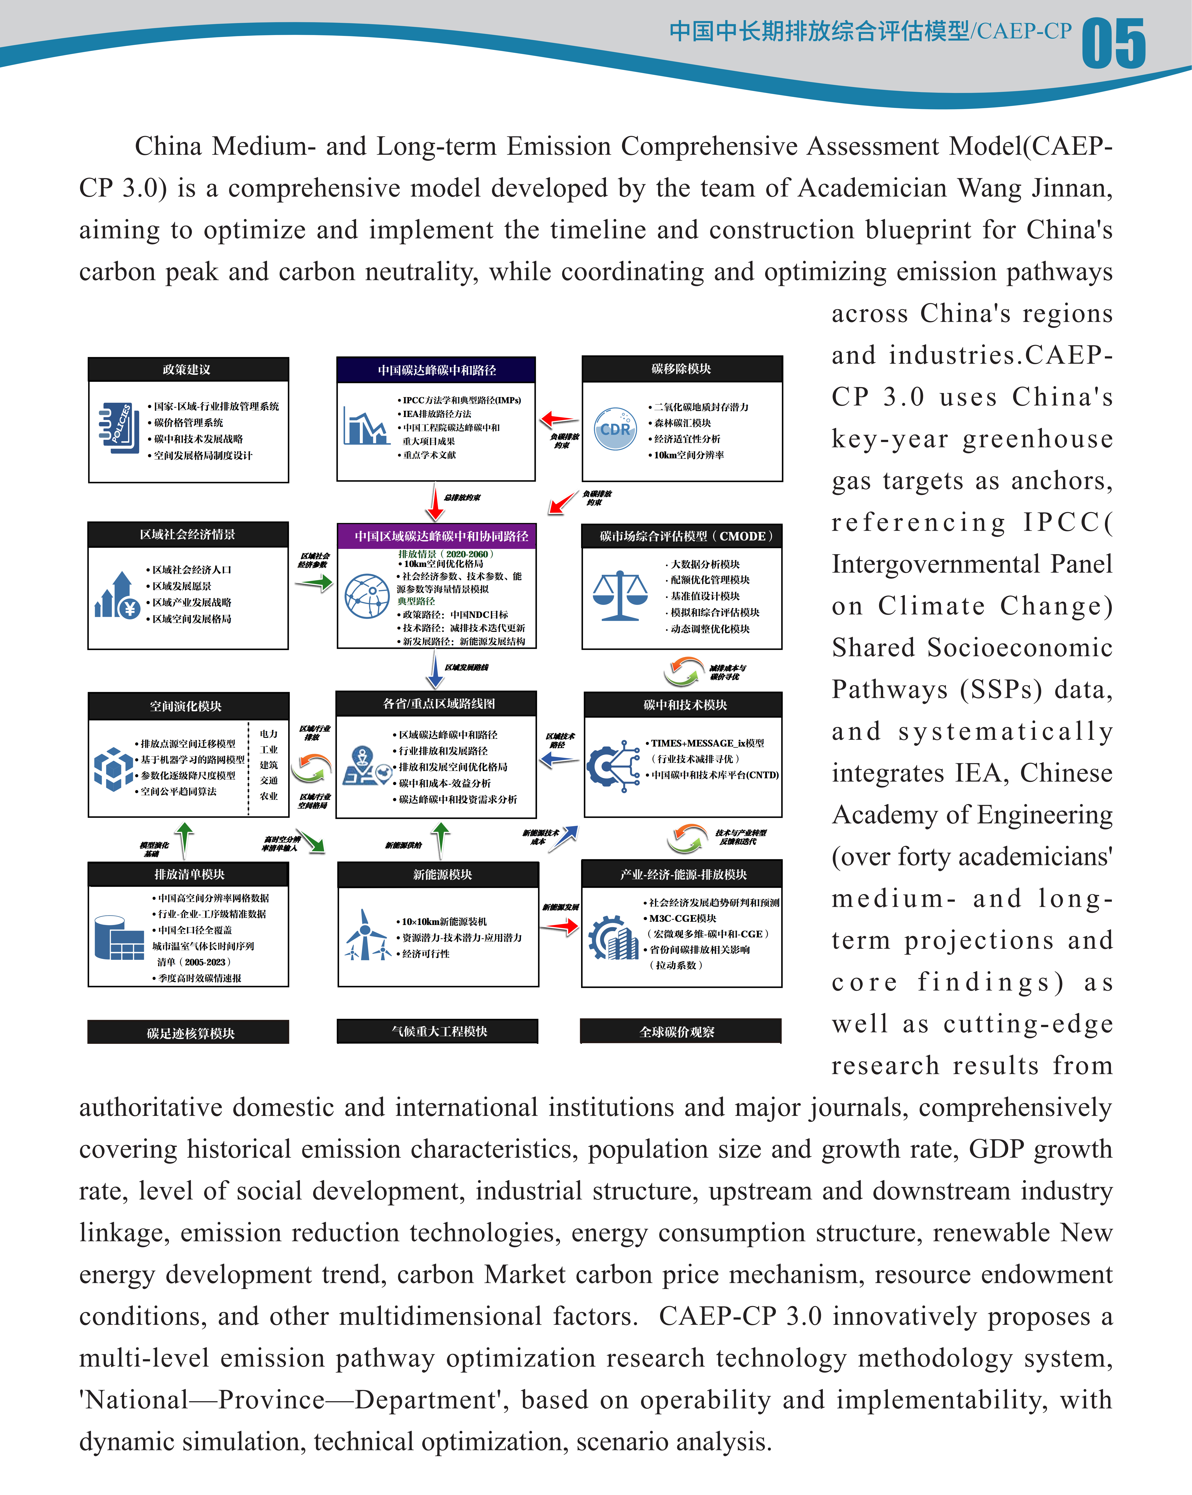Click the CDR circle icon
pos(615,429)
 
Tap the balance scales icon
pos(620,595)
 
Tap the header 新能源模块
pos(438,874)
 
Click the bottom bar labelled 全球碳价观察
pos(680,1031)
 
